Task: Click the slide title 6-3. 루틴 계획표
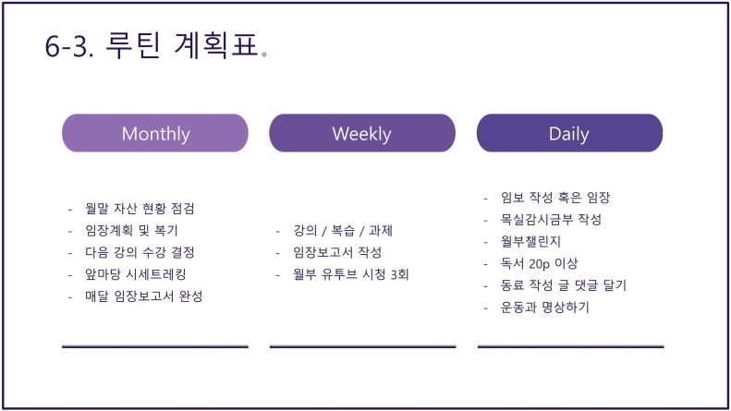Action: (152, 45)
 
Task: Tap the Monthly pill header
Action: (155, 133)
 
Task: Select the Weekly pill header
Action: (362, 133)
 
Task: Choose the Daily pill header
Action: (569, 133)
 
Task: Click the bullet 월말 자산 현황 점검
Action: (140, 209)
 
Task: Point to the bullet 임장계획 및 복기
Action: (131, 230)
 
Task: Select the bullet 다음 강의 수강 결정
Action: (140, 252)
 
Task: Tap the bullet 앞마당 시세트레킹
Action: (136, 274)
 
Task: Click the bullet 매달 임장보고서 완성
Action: (144, 296)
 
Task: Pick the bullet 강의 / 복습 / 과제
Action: (343, 230)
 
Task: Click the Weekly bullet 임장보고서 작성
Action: (337, 252)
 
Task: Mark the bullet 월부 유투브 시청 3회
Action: (351, 274)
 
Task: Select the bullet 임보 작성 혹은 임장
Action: (555, 197)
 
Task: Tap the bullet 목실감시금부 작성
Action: (551, 219)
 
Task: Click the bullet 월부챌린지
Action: (530, 241)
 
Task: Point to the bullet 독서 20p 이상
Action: (539, 263)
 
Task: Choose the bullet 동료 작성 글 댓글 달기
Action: (564, 284)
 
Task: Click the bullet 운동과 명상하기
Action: (545, 307)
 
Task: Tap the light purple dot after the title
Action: (264, 54)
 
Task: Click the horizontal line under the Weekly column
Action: (362, 346)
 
